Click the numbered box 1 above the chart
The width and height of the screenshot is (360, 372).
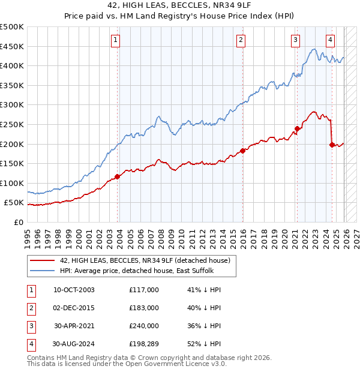point(115,40)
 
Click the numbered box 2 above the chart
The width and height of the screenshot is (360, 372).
point(241,40)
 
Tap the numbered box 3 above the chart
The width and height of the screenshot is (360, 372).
point(296,40)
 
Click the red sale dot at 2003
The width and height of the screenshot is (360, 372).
point(118,176)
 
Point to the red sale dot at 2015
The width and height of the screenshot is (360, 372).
point(243,151)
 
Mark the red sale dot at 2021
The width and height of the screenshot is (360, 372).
point(298,128)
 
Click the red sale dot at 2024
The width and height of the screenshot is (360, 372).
point(332,145)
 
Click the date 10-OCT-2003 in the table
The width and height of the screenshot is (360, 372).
point(74,289)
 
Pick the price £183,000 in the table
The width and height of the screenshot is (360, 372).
point(144,308)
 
